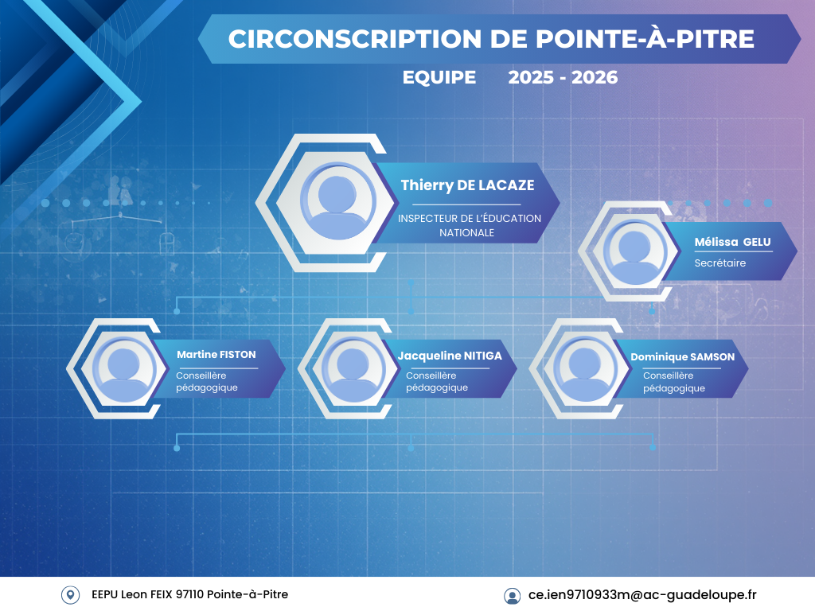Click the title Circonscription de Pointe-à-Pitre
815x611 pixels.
491,38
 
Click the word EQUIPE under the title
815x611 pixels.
439,77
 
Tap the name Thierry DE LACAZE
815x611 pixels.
467,185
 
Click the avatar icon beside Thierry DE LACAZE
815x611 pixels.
337,201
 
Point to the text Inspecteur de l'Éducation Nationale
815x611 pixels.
470,225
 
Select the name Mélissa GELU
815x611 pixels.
732,242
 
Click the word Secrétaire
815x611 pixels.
719,263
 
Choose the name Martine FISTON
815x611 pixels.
216,354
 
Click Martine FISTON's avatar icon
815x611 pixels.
123,368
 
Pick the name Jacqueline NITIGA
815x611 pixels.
450,356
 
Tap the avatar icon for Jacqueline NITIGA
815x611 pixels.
353,369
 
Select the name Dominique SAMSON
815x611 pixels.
682,357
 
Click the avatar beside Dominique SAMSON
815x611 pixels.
585,368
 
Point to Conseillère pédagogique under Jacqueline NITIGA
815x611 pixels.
437,381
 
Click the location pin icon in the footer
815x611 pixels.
70,595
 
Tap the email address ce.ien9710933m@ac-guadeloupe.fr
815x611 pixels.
642,594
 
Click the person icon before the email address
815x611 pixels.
512,596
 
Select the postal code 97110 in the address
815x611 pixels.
189,594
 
